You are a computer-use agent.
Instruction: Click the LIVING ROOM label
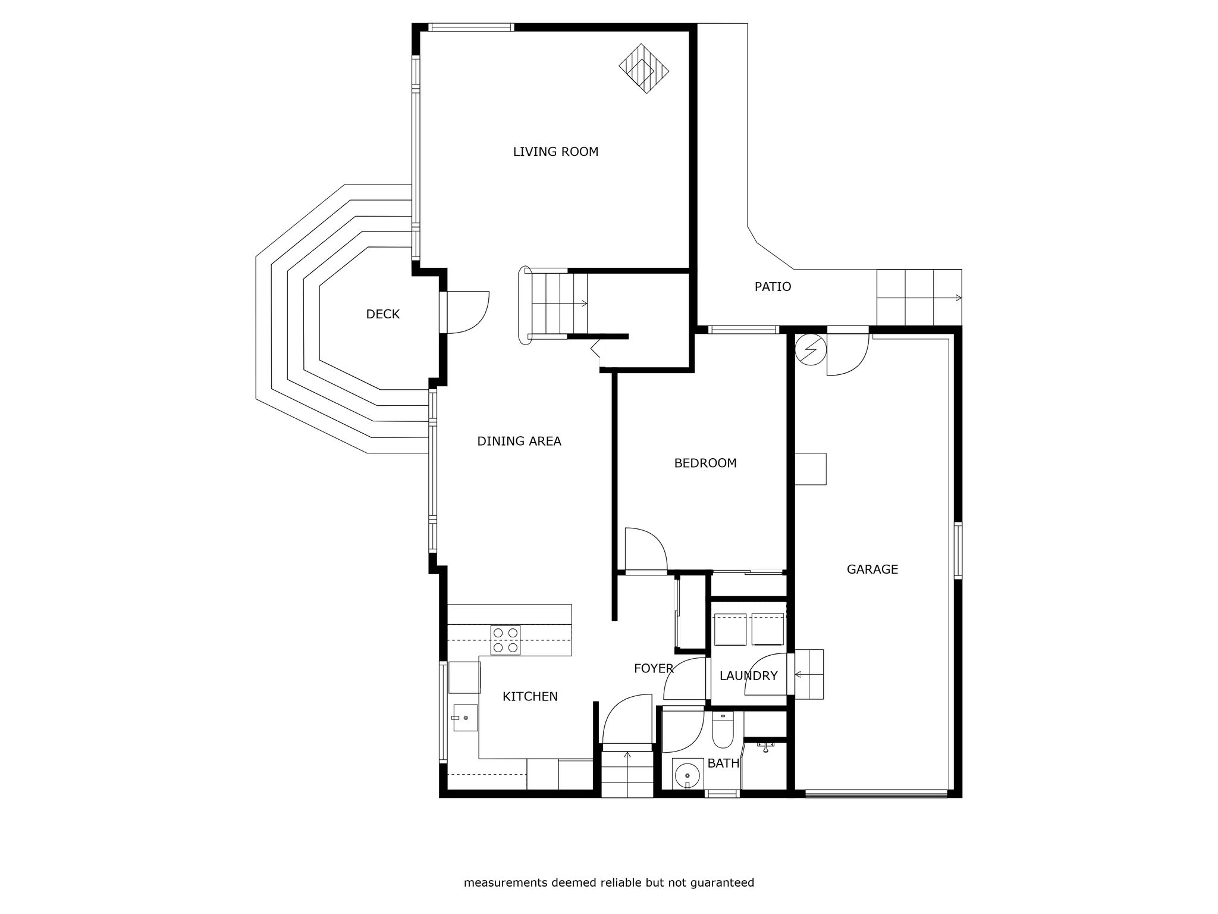(555, 152)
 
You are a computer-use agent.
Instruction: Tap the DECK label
(382, 314)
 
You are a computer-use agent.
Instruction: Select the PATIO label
(773, 287)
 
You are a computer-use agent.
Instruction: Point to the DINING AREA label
(519, 441)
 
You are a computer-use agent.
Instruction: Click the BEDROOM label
(705, 463)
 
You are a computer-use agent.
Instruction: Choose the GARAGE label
(872, 569)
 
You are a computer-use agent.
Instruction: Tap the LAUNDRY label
(748, 676)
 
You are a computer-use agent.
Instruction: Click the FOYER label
(654, 669)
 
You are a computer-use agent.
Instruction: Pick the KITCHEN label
(530, 697)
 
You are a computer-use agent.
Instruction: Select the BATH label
(723, 763)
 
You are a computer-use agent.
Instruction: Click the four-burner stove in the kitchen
(506, 640)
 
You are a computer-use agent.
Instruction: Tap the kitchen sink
(464, 718)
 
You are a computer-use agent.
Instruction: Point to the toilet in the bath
(723, 730)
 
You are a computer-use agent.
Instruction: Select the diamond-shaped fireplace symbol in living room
(644, 68)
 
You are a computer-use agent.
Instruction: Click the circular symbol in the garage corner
(811, 349)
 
